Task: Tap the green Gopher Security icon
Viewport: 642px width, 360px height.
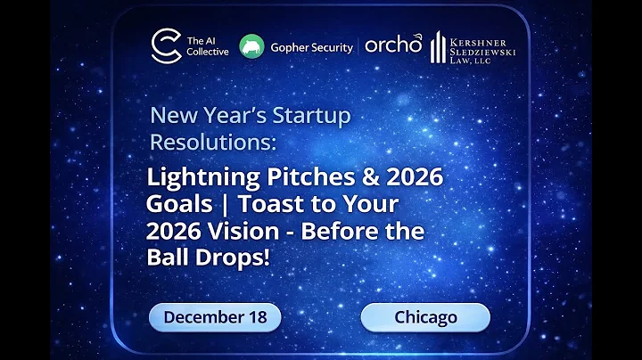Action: pyautogui.click(x=252, y=45)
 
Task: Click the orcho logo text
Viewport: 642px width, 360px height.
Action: pyautogui.click(x=392, y=45)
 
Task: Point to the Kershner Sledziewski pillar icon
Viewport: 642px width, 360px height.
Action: pyautogui.click(x=438, y=47)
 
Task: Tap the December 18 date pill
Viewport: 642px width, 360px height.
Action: pyautogui.click(x=214, y=317)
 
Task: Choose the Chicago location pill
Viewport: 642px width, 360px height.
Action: pyautogui.click(x=424, y=317)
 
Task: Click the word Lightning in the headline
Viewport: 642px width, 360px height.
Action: pyautogui.click(x=189, y=177)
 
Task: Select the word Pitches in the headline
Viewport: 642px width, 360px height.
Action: pyautogui.click(x=278, y=177)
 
